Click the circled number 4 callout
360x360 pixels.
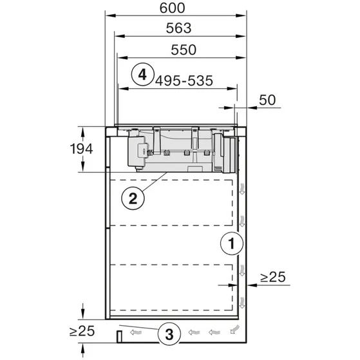(144, 74)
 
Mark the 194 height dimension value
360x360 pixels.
(82, 149)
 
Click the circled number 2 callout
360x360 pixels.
(132, 198)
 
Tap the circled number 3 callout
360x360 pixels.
(168, 334)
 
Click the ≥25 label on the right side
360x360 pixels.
(273, 278)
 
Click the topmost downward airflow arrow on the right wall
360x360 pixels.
(242, 189)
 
